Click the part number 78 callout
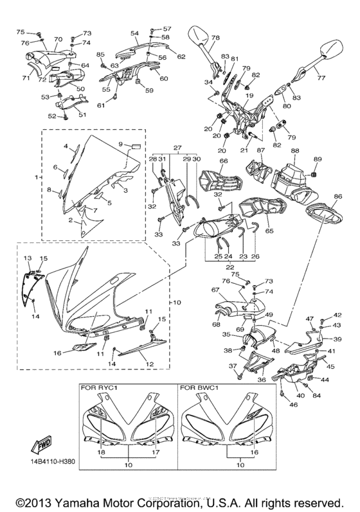click(x=215, y=38)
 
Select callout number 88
click(x=295, y=151)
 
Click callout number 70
click(x=58, y=39)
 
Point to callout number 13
click(x=28, y=258)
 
